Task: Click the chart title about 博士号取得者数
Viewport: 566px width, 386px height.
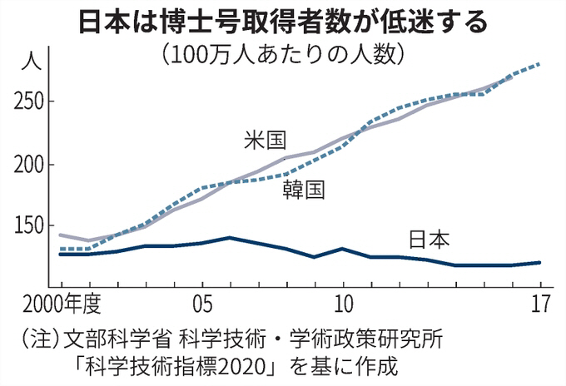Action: (x=283, y=21)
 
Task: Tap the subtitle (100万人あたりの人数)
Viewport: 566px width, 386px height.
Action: (x=283, y=54)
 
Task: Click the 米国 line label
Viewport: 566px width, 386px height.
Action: (x=265, y=140)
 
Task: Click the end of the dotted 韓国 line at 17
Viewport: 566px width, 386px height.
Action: (x=540, y=64)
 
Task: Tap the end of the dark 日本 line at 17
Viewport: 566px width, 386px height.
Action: (x=540, y=262)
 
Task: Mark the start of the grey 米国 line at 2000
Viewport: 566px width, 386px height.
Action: (x=60, y=235)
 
